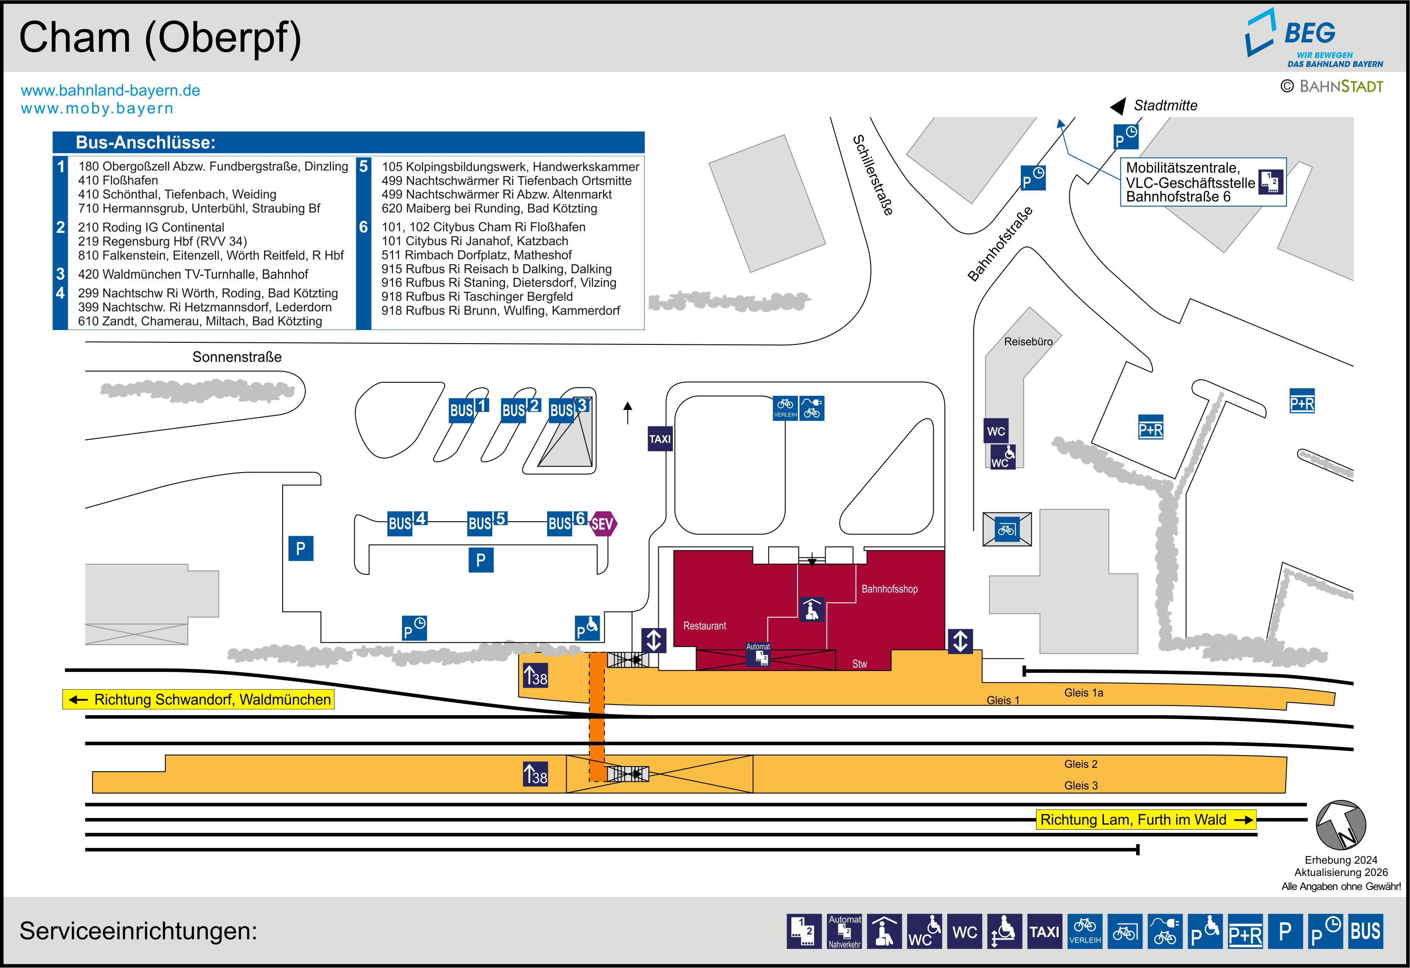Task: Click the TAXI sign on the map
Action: (x=660, y=439)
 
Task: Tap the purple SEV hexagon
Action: (x=602, y=523)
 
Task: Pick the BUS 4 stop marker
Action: (x=407, y=522)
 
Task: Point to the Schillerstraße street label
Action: (x=873, y=175)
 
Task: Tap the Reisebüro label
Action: (x=1028, y=341)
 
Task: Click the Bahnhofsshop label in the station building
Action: (x=890, y=589)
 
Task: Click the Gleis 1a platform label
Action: (x=1084, y=693)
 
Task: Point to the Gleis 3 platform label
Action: (x=1081, y=786)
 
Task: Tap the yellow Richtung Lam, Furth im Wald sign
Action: (x=1146, y=820)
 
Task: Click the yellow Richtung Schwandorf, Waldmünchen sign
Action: (x=198, y=699)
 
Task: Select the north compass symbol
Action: (x=1341, y=825)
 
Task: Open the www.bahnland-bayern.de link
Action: (x=110, y=90)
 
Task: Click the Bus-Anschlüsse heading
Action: (x=146, y=143)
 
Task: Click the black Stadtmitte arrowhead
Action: (x=1118, y=106)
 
